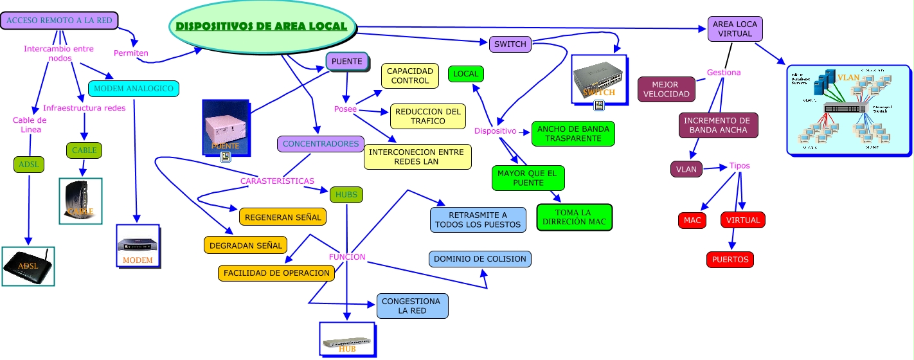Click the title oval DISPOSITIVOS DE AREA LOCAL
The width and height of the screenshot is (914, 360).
coord(262,27)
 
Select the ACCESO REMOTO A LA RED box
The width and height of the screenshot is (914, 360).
coord(59,21)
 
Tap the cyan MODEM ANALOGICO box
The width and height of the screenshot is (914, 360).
coord(133,88)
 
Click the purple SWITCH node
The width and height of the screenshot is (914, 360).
coord(510,44)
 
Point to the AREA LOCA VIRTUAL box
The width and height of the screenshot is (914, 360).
coord(735,29)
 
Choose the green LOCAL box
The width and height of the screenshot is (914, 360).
coord(465,74)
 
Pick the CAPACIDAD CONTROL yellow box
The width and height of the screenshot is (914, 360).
coord(410,76)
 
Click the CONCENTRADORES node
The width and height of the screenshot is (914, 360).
coord(321,144)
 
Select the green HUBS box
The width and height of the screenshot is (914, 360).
coord(346,194)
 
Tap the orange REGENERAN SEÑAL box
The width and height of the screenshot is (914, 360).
coord(283,217)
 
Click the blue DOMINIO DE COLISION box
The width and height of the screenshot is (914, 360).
coord(480,259)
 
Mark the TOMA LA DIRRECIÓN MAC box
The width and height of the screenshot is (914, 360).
coord(575,217)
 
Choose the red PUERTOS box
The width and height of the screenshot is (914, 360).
coord(730,260)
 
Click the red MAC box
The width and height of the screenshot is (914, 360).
coord(692,221)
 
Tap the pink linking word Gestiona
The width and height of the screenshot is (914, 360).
coord(724,73)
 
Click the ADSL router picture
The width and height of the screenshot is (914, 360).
coord(28,265)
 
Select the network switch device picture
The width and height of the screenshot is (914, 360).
coord(598,78)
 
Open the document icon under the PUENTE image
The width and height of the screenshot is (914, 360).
coord(226,157)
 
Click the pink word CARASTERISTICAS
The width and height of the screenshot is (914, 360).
coord(277,181)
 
